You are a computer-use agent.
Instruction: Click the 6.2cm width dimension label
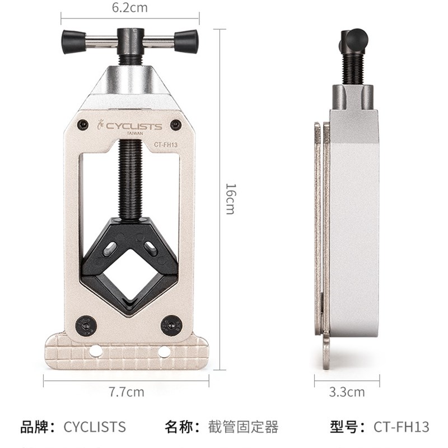[129, 8]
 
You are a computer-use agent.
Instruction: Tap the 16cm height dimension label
[229, 198]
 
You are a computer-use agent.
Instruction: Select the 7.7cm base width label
[127, 392]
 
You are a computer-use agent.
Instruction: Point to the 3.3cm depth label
[347, 392]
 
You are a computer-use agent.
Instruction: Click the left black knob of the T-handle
[74, 42]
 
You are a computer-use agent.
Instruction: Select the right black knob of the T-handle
[186, 42]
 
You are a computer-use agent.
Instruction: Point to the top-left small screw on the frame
[84, 124]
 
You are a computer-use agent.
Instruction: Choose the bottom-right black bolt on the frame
[171, 324]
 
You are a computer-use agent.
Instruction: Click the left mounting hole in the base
[96, 351]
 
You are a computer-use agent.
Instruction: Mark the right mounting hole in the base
[164, 351]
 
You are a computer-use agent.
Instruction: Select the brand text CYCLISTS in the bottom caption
[95, 427]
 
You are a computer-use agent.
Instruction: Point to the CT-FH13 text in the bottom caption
[402, 427]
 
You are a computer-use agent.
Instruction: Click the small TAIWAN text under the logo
[134, 134]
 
